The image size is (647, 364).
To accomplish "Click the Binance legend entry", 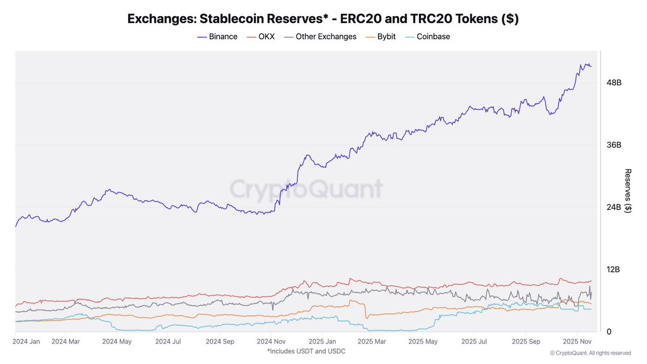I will pos(217,37).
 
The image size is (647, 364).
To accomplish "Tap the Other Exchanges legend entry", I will pos(320,37).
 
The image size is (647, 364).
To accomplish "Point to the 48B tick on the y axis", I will pos(614,83).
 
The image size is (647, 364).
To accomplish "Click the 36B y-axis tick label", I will pos(614,145).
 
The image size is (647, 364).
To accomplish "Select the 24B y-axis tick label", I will pos(614,207).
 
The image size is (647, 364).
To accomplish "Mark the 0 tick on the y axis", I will pos(609,332).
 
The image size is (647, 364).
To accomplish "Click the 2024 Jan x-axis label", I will pos(26,341).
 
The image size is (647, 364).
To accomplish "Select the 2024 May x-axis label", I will pos(117,341).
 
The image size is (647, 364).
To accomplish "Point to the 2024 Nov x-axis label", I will pos(271,341).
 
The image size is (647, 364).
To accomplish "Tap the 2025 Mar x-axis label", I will pos(373,341).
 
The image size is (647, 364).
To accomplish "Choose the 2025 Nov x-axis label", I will pos(577,341).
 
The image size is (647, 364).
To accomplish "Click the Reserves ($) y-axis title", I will pos(628,191).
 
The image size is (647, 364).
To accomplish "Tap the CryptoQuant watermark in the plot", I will pos(307,189).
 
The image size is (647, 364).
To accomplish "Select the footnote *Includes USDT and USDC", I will pos(306,351).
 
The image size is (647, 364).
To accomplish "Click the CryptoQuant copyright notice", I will pos(590,353).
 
